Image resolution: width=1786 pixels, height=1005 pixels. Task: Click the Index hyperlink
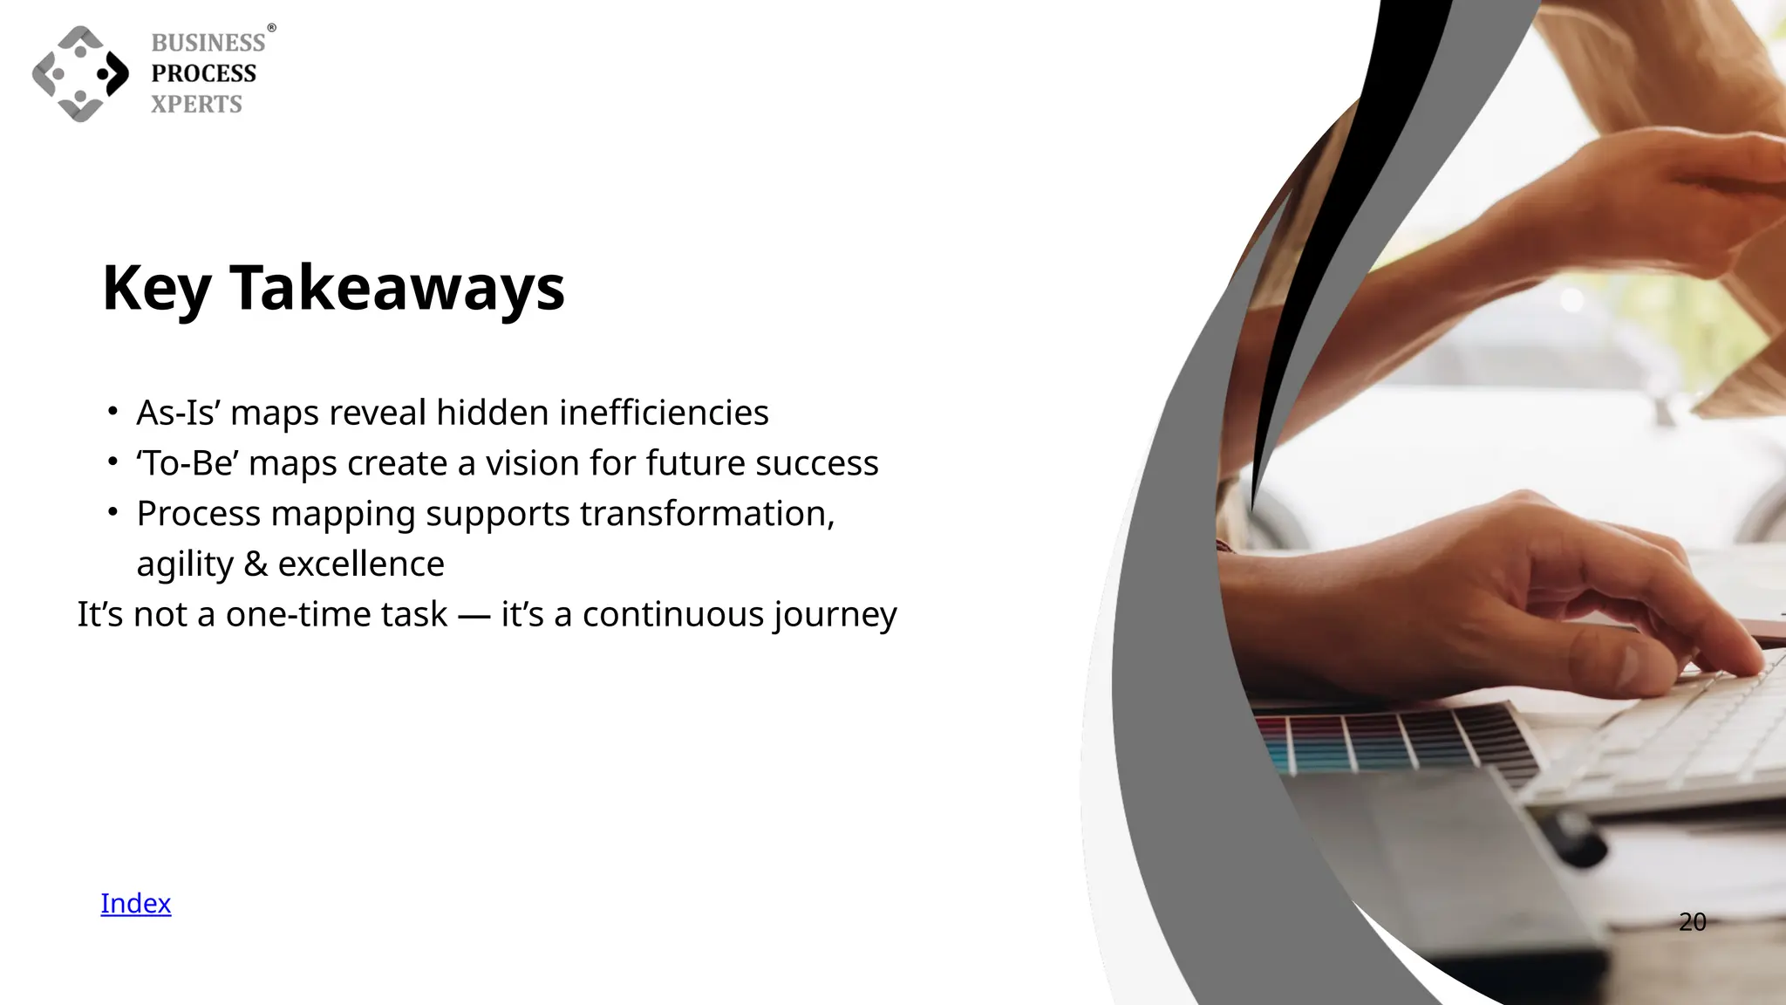pos(135,903)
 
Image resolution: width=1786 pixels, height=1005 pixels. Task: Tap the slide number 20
pos(1692,921)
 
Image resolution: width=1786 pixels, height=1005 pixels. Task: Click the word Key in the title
pos(156,288)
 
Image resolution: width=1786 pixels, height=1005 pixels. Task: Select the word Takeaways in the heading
pos(397,288)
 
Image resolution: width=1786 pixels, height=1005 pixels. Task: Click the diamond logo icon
pos(80,74)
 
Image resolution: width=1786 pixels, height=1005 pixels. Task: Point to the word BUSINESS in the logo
pos(208,43)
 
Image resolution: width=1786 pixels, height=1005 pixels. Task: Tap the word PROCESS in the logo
pos(204,73)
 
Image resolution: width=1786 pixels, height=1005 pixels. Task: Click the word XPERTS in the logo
pos(196,104)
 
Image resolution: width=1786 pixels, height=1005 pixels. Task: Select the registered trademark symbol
pos(271,28)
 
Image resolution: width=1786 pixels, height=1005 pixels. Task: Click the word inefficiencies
pos(664,413)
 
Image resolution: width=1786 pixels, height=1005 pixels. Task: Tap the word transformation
pos(706,514)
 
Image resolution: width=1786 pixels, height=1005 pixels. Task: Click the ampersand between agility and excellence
pos(256,564)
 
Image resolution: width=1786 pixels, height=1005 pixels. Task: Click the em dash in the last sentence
pos(474,615)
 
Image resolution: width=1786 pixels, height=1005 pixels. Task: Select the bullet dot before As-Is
pos(112,411)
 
